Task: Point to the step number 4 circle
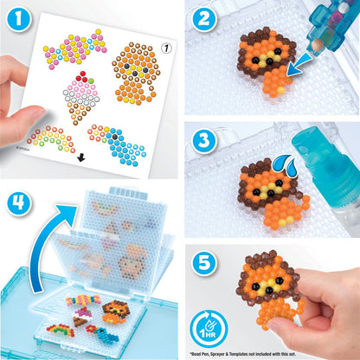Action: tap(18, 201)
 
